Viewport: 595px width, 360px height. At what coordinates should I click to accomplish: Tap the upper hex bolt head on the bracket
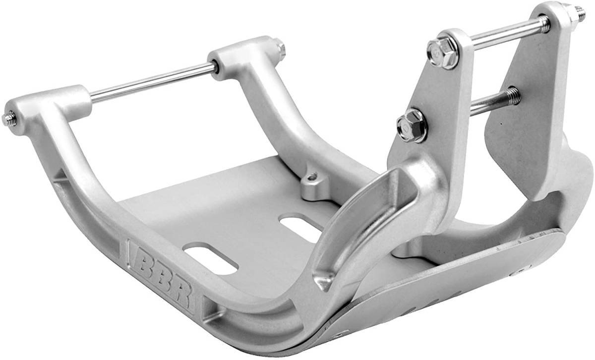click(443, 53)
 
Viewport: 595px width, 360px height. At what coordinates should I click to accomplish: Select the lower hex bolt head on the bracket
click(412, 125)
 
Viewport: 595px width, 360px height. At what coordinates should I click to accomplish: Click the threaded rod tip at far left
click(8, 119)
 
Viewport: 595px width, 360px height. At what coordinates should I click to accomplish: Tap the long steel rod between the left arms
click(153, 83)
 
